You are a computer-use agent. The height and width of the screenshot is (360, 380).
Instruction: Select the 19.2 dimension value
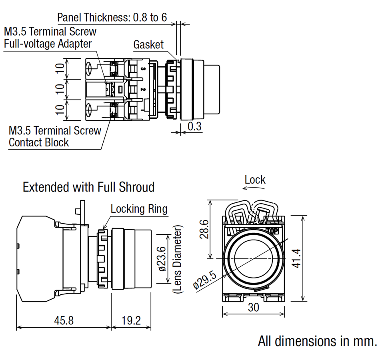click(130, 320)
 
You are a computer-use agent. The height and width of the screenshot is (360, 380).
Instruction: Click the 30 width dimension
click(254, 307)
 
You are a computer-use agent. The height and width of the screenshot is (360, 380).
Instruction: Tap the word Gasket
click(148, 44)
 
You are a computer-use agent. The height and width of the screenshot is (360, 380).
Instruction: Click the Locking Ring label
click(139, 209)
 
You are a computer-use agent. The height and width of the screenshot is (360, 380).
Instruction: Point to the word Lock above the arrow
click(255, 180)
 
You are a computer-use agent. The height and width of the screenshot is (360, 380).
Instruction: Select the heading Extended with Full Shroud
click(88, 187)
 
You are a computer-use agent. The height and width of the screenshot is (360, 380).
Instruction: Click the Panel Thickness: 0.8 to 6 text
click(112, 17)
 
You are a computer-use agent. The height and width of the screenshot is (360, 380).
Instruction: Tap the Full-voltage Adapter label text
click(48, 43)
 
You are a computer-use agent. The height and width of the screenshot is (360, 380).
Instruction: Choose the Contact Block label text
click(39, 142)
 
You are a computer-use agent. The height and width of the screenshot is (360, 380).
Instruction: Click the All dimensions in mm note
click(317, 341)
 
